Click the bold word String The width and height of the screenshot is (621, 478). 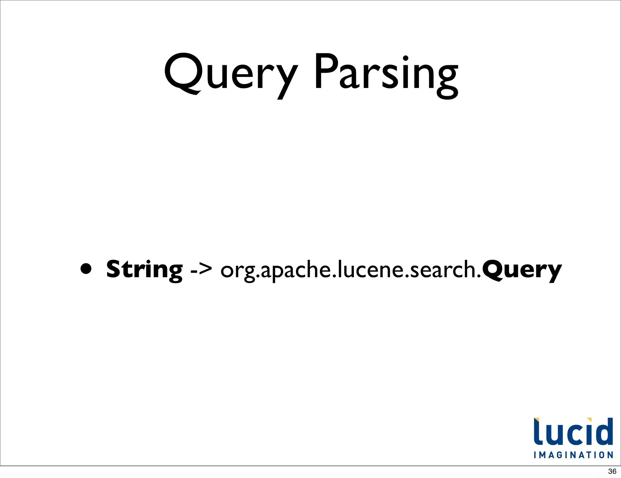(x=144, y=269)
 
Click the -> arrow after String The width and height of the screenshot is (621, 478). (x=201, y=269)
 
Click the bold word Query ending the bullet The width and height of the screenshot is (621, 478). (x=522, y=270)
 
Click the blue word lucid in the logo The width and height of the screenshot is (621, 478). (x=573, y=432)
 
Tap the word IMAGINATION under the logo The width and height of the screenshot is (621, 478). (x=573, y=455)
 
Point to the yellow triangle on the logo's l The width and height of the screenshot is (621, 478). (x=536, y=420)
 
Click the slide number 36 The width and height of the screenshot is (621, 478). (x=612, y=471)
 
